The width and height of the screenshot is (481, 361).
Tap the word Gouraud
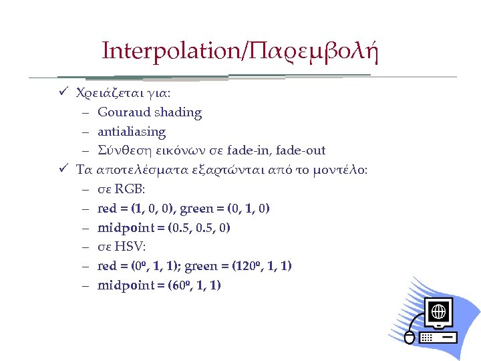[124, 112]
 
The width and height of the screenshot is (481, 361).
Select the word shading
[178, 112]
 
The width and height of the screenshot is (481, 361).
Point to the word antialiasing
[132, 132]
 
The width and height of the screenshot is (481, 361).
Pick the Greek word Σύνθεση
[122, 150]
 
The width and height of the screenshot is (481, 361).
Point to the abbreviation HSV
[130, 247]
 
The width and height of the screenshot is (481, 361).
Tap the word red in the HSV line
[108, 266]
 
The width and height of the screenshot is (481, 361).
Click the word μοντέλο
[341, 170]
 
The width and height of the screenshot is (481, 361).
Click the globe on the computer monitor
[439, 312]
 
